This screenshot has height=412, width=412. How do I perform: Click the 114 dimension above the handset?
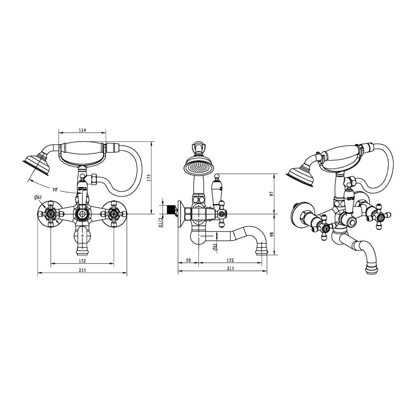tap(82, 130)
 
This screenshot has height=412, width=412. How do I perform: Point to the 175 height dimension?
tap(149, 179)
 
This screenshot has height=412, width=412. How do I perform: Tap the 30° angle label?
tap(55, 190)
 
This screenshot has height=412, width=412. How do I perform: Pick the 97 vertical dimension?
tap(272, 194)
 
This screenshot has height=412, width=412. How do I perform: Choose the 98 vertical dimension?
tap(272, 234)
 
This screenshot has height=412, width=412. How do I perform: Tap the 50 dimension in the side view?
tap(188, 260)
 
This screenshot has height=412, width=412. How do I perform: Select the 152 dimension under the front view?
tap(82, 261)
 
